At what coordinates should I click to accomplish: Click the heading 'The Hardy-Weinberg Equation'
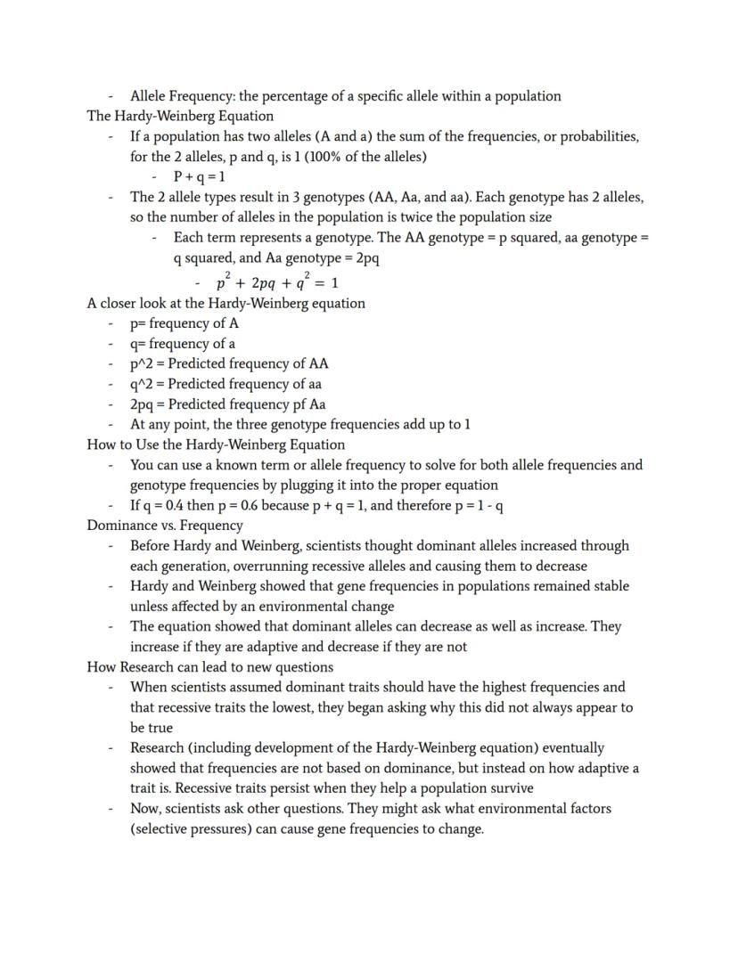[180, 116]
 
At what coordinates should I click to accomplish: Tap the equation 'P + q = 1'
[200, 177]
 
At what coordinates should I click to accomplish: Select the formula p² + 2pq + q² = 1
[276, 282]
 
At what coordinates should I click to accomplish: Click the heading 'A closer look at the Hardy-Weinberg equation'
[225, 303]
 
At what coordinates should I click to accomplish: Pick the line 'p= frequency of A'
[184, 323]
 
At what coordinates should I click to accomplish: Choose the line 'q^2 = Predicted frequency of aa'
[225, 384]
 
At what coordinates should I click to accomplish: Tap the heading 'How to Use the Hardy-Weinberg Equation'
[216, 444]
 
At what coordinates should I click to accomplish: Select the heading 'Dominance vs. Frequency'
[165, 526]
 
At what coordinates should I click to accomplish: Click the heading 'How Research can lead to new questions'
[209, 667]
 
